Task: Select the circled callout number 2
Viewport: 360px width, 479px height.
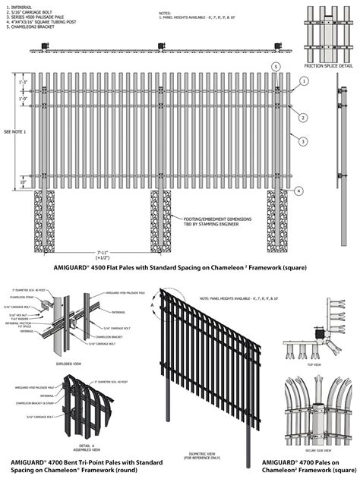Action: tap(302, 118)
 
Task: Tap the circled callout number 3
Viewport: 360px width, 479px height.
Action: tap(302, 140)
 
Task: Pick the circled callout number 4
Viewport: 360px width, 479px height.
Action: tap(299, 190)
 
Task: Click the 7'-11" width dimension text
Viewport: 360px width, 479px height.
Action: tap(161, 252)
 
